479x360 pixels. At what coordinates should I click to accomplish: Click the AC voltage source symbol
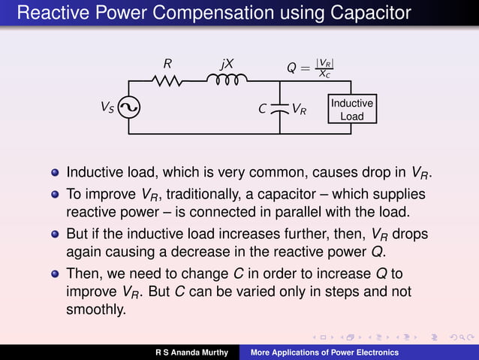[x=128, y=109]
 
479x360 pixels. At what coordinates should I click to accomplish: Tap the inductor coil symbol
[x=226, y=80]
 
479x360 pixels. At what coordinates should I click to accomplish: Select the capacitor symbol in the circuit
[x=279, y=109]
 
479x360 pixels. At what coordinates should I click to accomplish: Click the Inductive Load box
[x=351, y=109]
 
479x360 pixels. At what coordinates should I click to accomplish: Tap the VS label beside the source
[x=109, y=107]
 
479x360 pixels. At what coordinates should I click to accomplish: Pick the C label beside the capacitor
[x=262, y=109]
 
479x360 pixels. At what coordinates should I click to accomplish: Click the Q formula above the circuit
[x=310, y=68]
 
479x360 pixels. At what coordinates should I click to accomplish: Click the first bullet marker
[x=54, y=171]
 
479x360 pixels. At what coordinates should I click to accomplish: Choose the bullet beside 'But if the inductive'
[x=54, y=234]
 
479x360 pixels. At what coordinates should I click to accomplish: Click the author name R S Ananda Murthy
[x=191, y=352]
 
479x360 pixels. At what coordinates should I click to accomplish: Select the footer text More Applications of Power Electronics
[x=324, y=352]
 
